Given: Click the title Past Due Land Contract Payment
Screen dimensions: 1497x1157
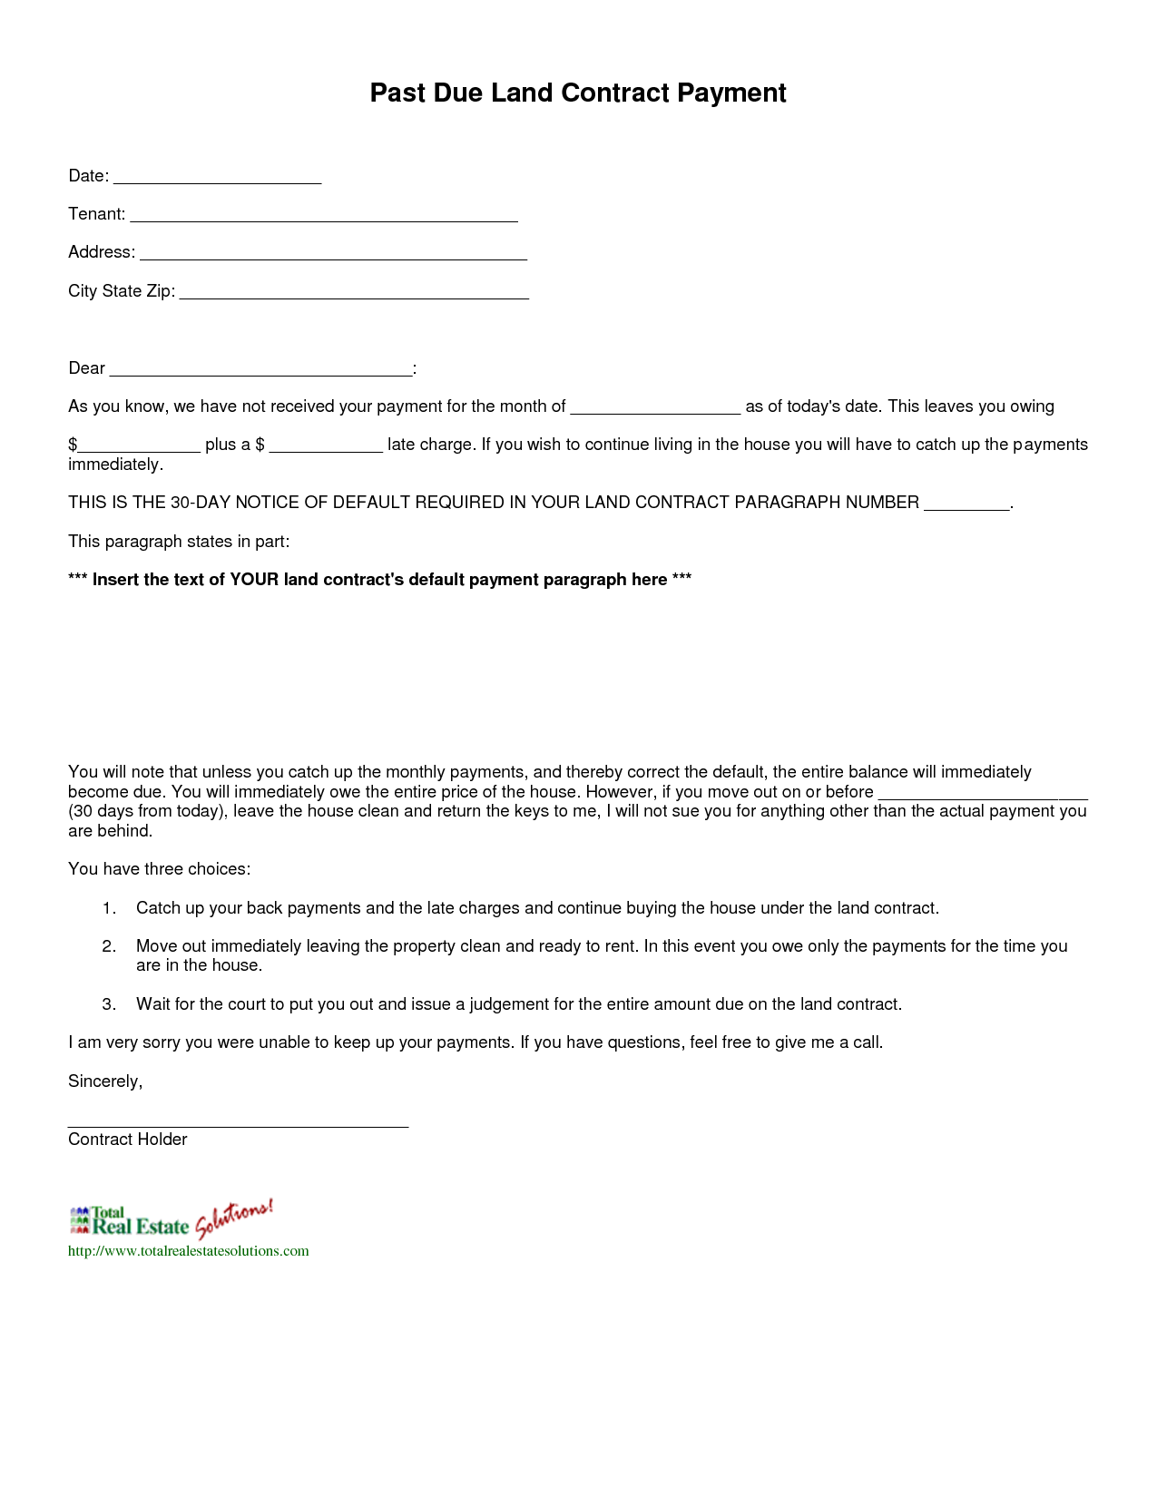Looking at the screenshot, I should [578, 93].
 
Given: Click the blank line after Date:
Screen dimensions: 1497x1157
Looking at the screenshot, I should [217, 178].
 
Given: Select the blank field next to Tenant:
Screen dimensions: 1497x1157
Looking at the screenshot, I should [324, 216].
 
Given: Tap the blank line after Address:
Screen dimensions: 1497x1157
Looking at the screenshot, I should [333, 254].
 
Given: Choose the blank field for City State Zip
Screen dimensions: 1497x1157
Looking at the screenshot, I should [354, 292].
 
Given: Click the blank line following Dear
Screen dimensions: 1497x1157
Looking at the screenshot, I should [260, 369].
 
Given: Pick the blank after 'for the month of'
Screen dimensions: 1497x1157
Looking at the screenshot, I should [655, 408].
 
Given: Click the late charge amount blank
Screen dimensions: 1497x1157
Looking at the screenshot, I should [326, 446].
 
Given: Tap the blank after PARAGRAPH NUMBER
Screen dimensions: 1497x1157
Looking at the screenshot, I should [966, 504].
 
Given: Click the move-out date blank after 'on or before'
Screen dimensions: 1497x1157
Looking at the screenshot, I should [982, 794].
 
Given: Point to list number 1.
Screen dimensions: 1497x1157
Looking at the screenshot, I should [109, 908].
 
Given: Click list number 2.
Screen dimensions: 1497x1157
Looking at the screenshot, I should [109, 946].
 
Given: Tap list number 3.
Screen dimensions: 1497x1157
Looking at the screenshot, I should [109, 1004].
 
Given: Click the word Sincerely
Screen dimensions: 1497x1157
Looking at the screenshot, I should [105, 1081].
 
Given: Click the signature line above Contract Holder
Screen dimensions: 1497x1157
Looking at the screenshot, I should [238, 1123].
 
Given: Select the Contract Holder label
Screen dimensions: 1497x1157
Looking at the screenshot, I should [128, 1140].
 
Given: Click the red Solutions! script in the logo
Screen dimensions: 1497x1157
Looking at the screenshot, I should [233, 1218].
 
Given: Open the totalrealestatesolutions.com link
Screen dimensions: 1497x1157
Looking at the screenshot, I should [189, 1251].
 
